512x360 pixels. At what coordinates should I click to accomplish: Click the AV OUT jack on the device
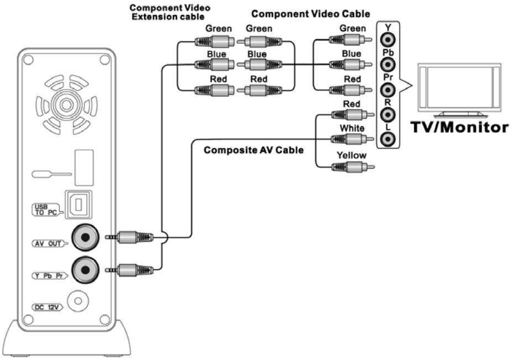tap(86, 238)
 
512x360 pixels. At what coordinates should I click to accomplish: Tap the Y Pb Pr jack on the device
tap(86, 269)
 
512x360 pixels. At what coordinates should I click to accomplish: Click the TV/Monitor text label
tap(459, 127)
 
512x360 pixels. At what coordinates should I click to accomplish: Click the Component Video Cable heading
tap(311, 13)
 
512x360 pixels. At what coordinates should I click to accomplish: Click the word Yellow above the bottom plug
tap(352, 155)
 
